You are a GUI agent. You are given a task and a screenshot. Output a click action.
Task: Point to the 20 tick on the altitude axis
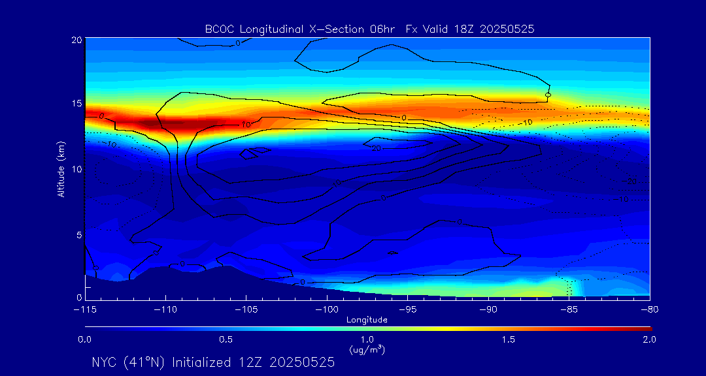tap(76, 40)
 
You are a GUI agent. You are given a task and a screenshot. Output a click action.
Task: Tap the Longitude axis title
tap(367, 319)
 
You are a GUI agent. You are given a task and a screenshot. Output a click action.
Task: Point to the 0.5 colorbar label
tap(226, 339)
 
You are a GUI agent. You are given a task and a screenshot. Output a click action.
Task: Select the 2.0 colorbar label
tap(648, 339)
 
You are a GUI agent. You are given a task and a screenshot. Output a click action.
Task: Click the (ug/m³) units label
tap(367, 350)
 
